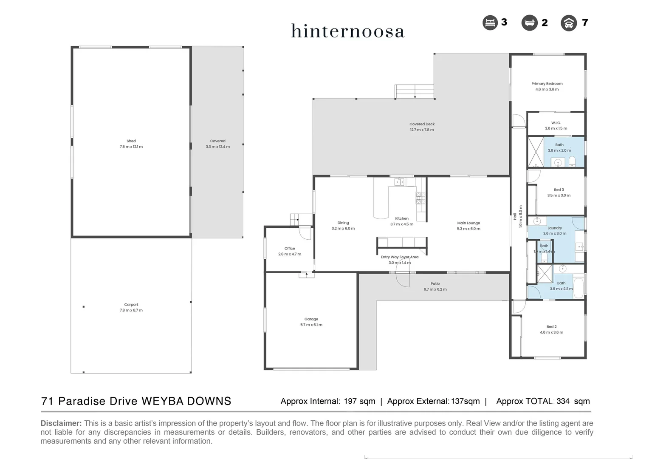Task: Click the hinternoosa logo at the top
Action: coord(347,31)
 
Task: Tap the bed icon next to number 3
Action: coord(490,23)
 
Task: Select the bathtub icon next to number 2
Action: coord(529,23)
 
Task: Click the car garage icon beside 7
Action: coord(569,23)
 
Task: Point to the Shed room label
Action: coord(131,141)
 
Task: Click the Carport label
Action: coord(131,305)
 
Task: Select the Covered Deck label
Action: coord(422,124)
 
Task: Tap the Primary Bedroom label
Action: coord(547,84)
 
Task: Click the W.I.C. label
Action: coord(556,123)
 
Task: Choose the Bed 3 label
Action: coord(559,190)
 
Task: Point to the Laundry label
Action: coord(555,228)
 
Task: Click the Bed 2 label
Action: coord(551,327)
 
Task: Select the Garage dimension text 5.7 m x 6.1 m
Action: coord(311,325)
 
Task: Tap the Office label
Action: coord(290,249)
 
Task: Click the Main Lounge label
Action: coord(468,223)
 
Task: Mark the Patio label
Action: coord(435,284)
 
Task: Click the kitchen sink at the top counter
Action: coord(399,182)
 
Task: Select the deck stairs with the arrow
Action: coord(414,91)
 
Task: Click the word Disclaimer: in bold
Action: coord(61,423)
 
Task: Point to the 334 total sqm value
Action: coord(563,401)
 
